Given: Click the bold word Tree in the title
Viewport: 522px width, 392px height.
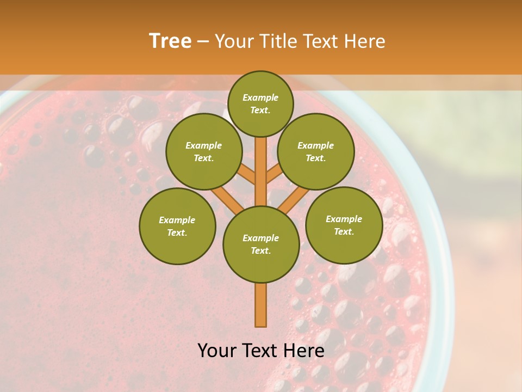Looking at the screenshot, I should click(x=170, y=41).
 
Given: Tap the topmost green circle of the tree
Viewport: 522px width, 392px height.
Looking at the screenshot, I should click(x=260, y=103).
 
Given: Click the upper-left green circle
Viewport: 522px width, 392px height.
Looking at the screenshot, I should click(x=204, y=151).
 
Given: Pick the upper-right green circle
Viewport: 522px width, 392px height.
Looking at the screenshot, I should click(x=316, y=151).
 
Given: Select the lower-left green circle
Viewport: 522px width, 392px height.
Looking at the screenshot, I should click(x=177, y=226).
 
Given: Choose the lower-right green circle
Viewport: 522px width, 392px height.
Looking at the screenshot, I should click(x=344, y=225).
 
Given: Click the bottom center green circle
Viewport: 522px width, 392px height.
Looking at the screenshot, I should click(x=261, y=244).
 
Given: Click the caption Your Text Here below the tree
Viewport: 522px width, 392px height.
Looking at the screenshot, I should click(x=261, y=351).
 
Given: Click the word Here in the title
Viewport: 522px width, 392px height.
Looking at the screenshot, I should click(x=367, y=41).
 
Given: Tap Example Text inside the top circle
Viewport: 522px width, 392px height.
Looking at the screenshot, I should click(x=260, y=103).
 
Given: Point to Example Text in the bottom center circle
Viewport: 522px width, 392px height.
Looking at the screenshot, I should click(x=261, y=244).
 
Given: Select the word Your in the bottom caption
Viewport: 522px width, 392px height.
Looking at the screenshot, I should click(x=218, y=351).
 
